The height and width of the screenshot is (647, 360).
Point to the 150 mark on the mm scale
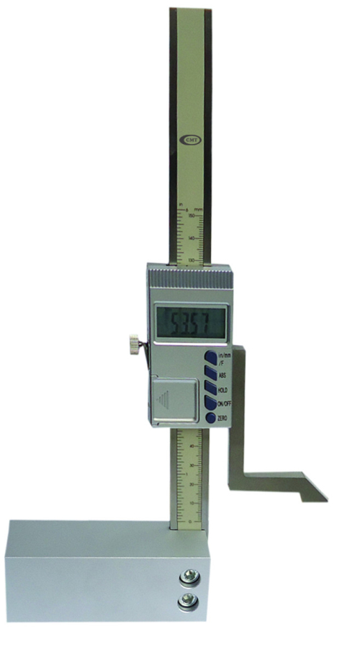[x=192, y=215]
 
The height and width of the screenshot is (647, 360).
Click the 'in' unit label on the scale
[x=181, y=204]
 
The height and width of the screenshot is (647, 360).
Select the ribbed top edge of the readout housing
[x=188, y=272]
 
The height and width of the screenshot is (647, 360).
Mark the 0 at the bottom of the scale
[x=189, y=520]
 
